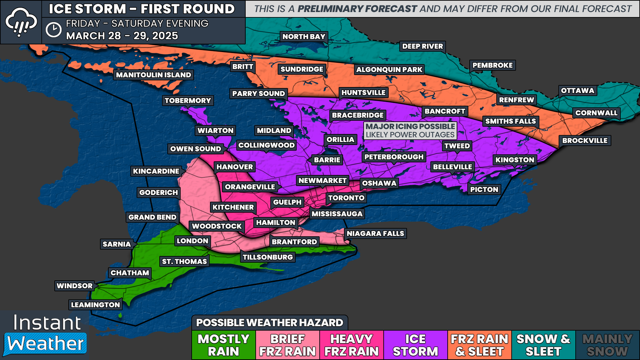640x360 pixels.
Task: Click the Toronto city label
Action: [346, 198]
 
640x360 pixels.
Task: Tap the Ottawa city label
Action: [577, 90]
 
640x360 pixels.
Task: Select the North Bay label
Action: [304, 37]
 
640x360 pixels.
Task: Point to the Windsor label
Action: [75, 286]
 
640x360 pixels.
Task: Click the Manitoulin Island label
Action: [154, 75]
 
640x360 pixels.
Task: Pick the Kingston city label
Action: [515, 160]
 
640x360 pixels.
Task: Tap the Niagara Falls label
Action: [375, 234]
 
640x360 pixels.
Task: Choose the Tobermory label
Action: [188, 101]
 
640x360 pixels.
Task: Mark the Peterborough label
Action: [394, 157]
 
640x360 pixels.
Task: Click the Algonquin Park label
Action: [389, 70]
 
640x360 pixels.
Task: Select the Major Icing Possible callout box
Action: [410, 131]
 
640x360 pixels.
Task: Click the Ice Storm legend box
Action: [416, 345]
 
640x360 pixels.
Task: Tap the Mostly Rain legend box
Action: [224, 345]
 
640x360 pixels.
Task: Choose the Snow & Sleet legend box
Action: [543, 345]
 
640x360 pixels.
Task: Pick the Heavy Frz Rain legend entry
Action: [352, 345]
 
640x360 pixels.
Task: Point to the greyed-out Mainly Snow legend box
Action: [607, 345]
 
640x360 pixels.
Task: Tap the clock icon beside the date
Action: [54, 30]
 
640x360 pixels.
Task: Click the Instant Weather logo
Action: [46, 335]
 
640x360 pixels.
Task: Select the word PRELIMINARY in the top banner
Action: [357, 9]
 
